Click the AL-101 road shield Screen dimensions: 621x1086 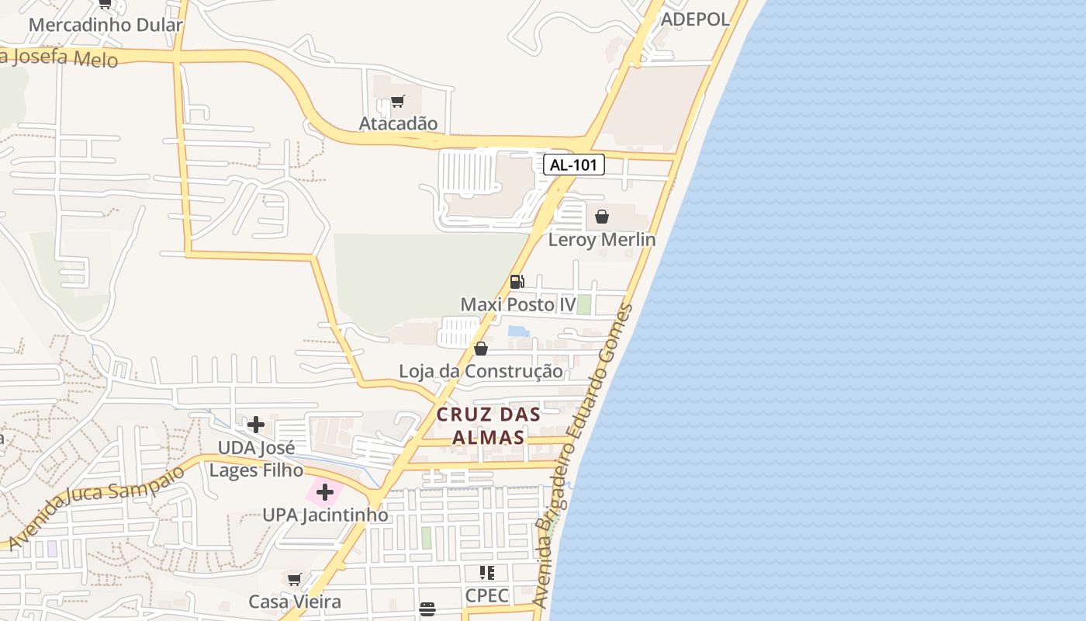click(573, 165)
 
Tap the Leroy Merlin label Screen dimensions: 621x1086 click(602, 240)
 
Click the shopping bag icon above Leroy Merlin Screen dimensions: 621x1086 click(602, 217)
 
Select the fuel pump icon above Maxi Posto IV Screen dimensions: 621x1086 click(517, 281)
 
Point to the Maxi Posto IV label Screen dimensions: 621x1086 click(518, 304)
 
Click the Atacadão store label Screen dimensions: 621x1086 click(398, 123)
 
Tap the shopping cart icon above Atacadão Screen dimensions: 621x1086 click(398, 101)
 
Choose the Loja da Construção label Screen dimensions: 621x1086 click(481, 371)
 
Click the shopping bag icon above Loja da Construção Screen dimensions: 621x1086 click(481, 349)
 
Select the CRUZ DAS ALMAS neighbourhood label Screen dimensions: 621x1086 click(489, 425)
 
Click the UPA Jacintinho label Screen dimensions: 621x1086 click(325, 515)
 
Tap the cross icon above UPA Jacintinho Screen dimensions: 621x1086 click(325, 492)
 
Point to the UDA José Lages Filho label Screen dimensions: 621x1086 click(256, 459)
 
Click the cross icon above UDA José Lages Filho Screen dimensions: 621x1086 click(256, 425)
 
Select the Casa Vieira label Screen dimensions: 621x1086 click(295, 602)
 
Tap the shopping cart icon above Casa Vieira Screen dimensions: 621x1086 click(295, 579)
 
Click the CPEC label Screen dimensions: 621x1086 click(487, 595)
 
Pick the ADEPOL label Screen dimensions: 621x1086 click(695, 19)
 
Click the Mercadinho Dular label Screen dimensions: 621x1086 click(105, 25)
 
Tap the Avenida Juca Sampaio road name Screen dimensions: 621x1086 click(97, 506)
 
